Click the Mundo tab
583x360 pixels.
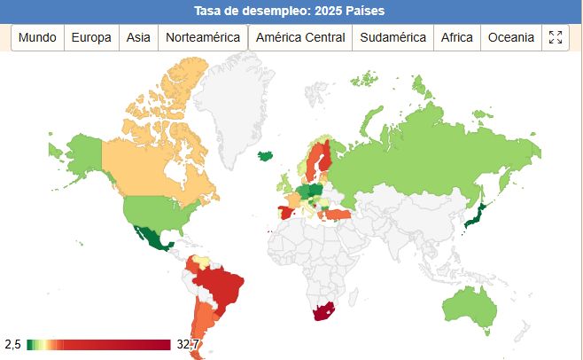[x=37, y=37]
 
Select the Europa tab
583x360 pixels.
[x=91, y=37]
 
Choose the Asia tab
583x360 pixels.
[x=138, y=37]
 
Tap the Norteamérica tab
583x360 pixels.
[x=203, y=37]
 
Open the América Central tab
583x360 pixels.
[x=300, y=37]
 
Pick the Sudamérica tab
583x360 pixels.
[x=393, y=37]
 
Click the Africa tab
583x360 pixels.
[x=457, y=37]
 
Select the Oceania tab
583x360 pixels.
[x=511, y=37]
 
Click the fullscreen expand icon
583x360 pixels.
[x=556, y=37]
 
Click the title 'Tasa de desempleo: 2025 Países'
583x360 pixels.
[x=291, y=12]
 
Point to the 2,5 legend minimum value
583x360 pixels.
[x=12, y=344]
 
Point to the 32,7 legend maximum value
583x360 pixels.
[x=187, y=344]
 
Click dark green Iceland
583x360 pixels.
[x=264, y=154]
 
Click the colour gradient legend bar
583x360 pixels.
[x=97, y=344]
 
